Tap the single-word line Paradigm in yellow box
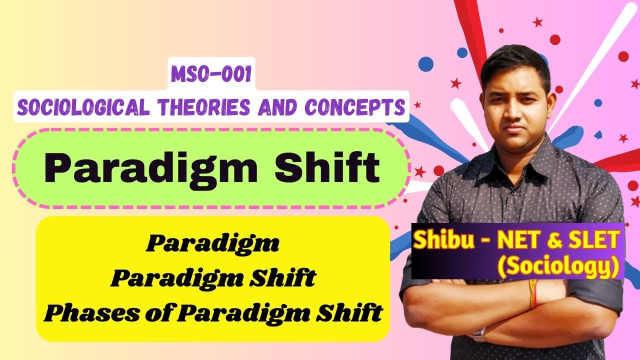coord(212,245)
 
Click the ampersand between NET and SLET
coord(555,241)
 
